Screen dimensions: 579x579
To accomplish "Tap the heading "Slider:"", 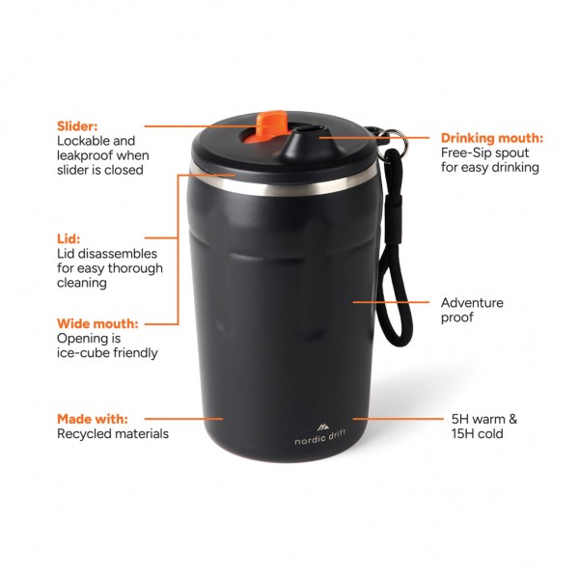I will pyautogui.click(x=77, y=125).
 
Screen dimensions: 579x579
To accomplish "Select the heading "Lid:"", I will pyautogui.click(x=69, y=237).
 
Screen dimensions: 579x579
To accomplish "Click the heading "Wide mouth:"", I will pyautogui.click(x=96, y=323).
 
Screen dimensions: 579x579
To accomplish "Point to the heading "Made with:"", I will pyautogui.click(x=92, y=419).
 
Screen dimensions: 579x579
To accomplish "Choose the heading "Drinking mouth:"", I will pyautogui.click(x=492, y=138).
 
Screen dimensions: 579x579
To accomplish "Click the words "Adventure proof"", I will pyautogui.click(x=472, y=310).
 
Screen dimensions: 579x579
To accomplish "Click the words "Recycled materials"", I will pyautogui.click(x=113, y=434).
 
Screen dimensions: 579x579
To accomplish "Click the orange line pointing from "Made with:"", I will pyautogui.click(x=193, y=419).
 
